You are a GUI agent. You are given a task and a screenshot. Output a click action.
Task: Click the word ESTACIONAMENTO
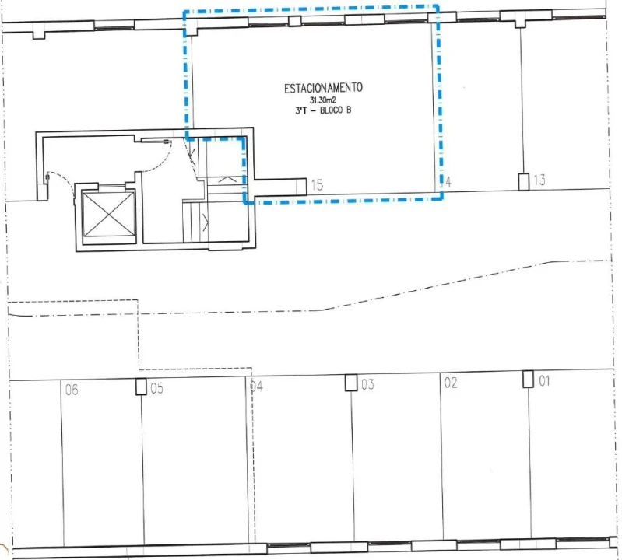click(322, 89)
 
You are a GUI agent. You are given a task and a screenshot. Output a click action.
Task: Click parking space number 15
click(317, 185)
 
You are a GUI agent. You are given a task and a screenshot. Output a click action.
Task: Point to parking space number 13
click(539, 180)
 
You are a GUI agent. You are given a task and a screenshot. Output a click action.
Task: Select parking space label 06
click(72, 390)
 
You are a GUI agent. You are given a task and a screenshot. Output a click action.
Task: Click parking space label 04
click(256, 386)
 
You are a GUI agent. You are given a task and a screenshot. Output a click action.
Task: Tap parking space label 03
click(368, 384)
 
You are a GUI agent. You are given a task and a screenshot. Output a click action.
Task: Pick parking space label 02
click(450, 383)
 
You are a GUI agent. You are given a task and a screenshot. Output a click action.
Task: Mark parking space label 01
click(544, 381)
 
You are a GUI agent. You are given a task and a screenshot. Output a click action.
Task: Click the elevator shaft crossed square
click(108, 213)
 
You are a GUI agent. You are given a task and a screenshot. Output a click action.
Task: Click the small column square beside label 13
click(524, 181)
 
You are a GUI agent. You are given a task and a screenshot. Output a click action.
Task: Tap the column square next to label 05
click(141, 387)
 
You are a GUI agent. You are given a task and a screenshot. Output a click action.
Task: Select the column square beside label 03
click(351, 383)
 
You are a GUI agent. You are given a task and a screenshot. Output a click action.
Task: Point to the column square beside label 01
click(528, 380)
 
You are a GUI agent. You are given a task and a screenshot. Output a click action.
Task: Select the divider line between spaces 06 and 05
click(141, 467)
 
